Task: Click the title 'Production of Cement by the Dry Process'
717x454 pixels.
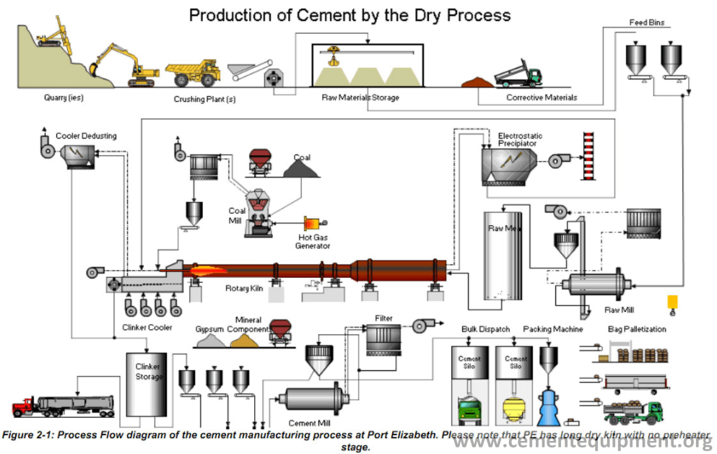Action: pos(349,15)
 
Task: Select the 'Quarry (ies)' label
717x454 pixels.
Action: pos(62,97)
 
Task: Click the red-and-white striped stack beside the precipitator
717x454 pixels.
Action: pos(587,157)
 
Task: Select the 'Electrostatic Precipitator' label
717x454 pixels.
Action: pos(520,139)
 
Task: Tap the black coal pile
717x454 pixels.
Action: pos(302,168)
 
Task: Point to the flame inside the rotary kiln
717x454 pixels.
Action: pos(206,272)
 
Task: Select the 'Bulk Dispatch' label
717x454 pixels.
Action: pos(485,329)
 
